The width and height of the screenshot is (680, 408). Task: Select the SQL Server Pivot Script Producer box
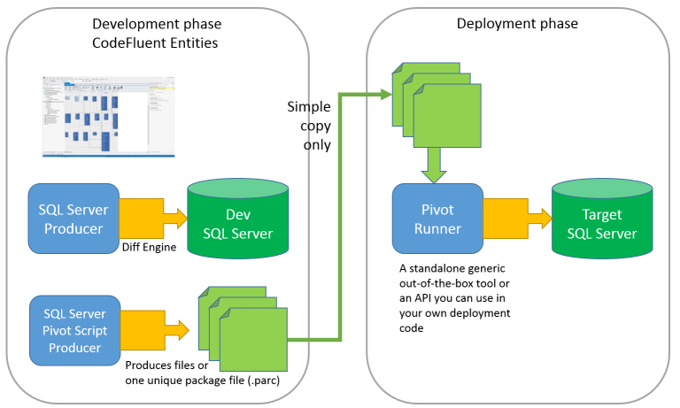(73, 330)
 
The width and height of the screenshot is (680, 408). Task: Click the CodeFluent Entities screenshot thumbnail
(108, 116)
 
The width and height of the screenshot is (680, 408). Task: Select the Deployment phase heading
(517, 24)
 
